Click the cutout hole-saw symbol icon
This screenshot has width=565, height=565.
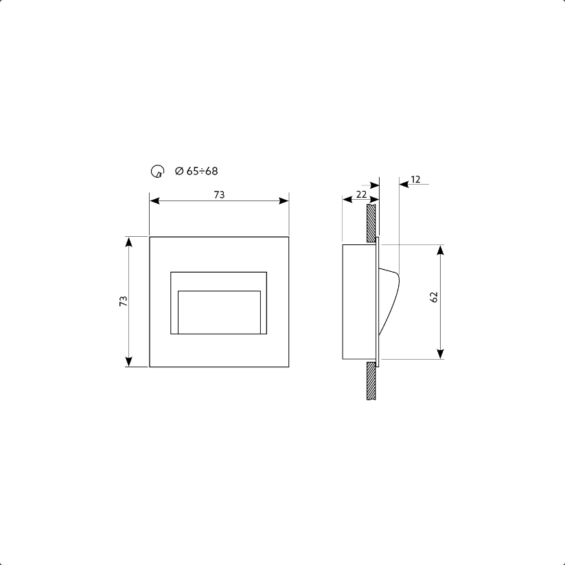point(157,172)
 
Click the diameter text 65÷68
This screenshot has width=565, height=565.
point(196,171)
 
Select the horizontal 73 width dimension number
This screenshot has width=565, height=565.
point(219,195)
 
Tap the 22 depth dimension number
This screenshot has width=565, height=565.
point(361,195)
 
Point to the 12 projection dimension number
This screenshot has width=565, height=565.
point(416,179)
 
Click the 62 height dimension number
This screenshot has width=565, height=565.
point(434,297)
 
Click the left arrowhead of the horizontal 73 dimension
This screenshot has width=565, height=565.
point(154,201)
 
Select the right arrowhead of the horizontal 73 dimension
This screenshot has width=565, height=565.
point(284,201)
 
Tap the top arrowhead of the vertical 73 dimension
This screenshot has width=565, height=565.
point(128,242)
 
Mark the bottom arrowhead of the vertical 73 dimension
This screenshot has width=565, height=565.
point(128,362)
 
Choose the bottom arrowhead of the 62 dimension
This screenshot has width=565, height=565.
point(440,354)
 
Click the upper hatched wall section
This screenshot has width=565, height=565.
point(371,220)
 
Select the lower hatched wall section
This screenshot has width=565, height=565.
point(371,381)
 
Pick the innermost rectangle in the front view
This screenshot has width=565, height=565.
point(219,312)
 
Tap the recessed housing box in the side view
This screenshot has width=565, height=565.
point(358,302)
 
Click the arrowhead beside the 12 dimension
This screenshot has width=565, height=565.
point(404,184)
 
